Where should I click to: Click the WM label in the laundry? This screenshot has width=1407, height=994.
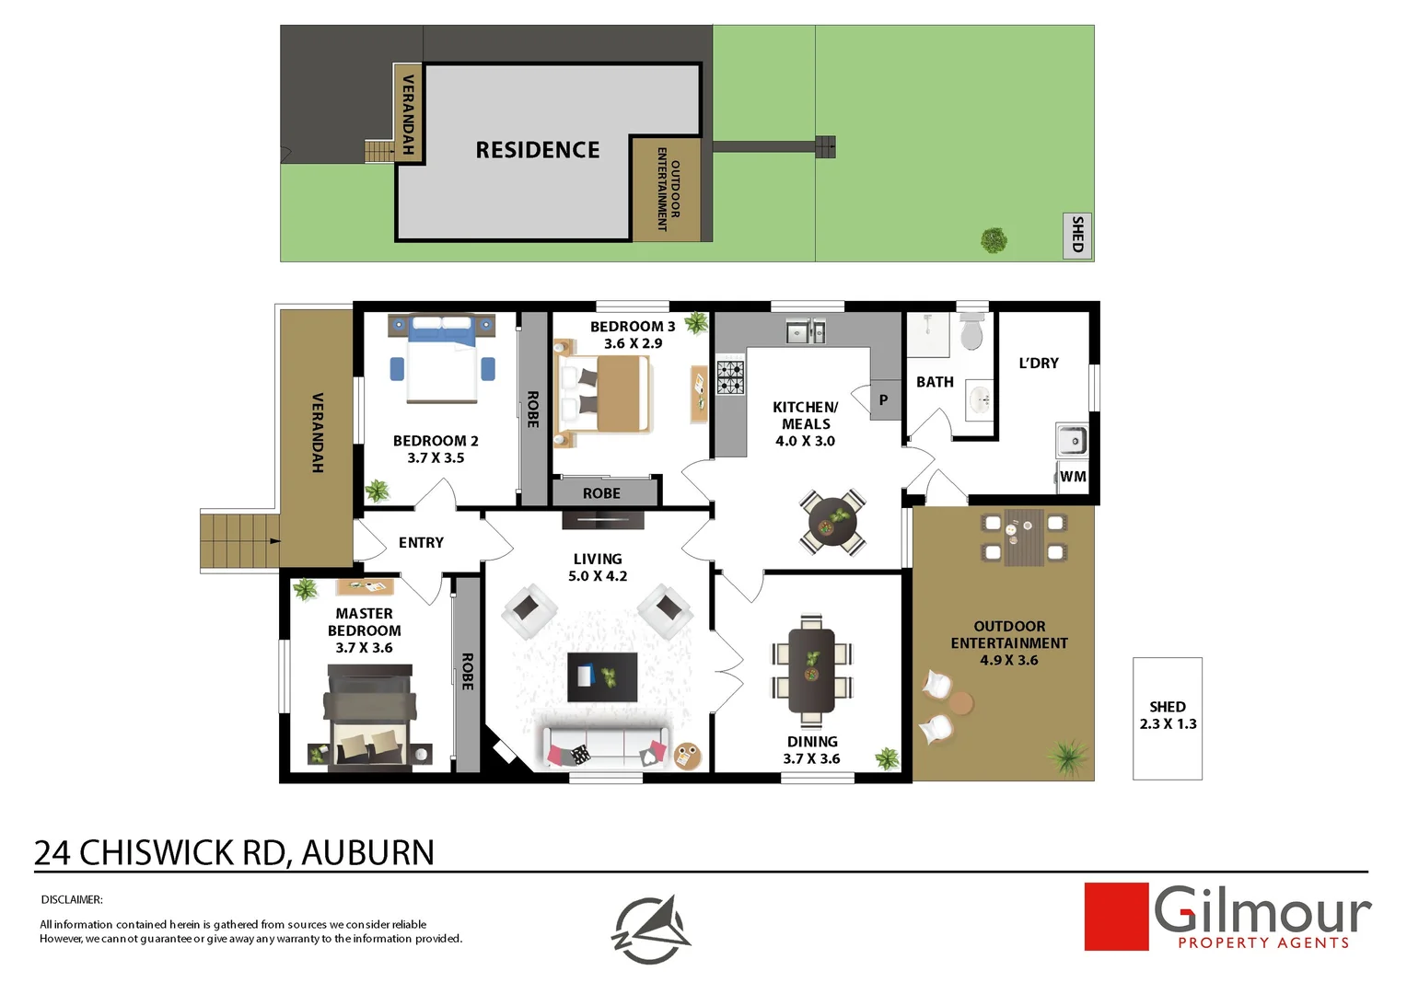click(1073, 477)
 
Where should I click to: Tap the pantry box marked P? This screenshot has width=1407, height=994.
click(884, 400)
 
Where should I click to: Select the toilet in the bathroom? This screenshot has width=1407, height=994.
click(971, 332)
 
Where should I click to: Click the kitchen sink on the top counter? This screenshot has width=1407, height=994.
click(806, 331)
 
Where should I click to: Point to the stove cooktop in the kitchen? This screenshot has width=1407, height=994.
click(731, 377)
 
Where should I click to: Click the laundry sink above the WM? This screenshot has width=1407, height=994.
click(1071, 441)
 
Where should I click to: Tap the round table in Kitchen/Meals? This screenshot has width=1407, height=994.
click(833, 522)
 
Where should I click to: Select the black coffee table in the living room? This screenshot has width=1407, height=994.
click(602, 677)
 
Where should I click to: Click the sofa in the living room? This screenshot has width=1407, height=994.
click(605, 747)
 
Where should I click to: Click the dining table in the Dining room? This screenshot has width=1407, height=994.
click(811, 670)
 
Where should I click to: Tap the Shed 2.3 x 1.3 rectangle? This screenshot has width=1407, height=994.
click(1167, 718)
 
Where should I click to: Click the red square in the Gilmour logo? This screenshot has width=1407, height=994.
click(1116, 917)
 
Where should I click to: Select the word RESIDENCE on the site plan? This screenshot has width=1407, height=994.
click(537, 150)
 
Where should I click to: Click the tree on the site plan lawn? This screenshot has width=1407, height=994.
click(994, 240)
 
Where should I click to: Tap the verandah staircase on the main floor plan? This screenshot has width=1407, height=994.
click(239, 540)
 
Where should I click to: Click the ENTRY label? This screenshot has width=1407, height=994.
click(421, 543)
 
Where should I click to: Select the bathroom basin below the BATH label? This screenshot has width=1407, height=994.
click(980, 400)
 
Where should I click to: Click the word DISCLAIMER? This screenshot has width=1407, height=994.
click(72, 899)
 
